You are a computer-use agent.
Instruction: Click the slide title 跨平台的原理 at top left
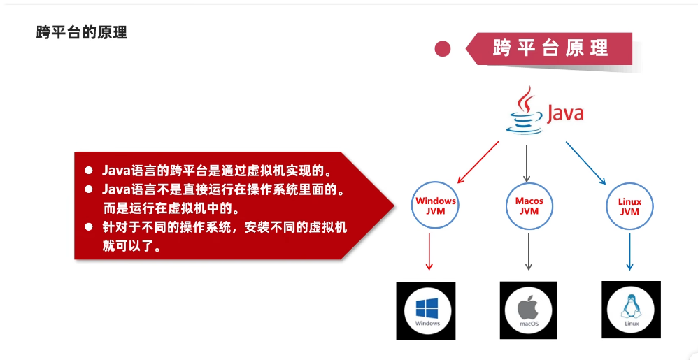click(x=82, y=32)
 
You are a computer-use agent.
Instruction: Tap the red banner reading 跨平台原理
click(x=551, y=48)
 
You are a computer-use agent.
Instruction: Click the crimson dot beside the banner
click(x=442, y=48)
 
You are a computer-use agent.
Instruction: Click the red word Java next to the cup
click(x=564, y=113)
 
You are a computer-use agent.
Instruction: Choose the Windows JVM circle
click(x=436, y=206)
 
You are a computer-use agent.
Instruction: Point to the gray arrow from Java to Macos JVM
click(x=526, y=161)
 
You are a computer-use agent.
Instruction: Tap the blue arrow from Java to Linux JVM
click(x=585, y=162)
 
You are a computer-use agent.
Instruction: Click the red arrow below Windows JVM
click(x=429, y=251)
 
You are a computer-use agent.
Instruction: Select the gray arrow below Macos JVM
click(x=529, y=251)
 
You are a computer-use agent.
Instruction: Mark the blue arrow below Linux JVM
click(x=629, y=251)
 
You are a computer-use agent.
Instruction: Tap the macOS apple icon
click(x=529, y=310)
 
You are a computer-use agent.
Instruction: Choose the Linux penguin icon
click(x=631, y=308)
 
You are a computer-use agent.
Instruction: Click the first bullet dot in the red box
click(x=89, y=171)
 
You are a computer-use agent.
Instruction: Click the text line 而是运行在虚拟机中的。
click(x=171, y=208)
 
